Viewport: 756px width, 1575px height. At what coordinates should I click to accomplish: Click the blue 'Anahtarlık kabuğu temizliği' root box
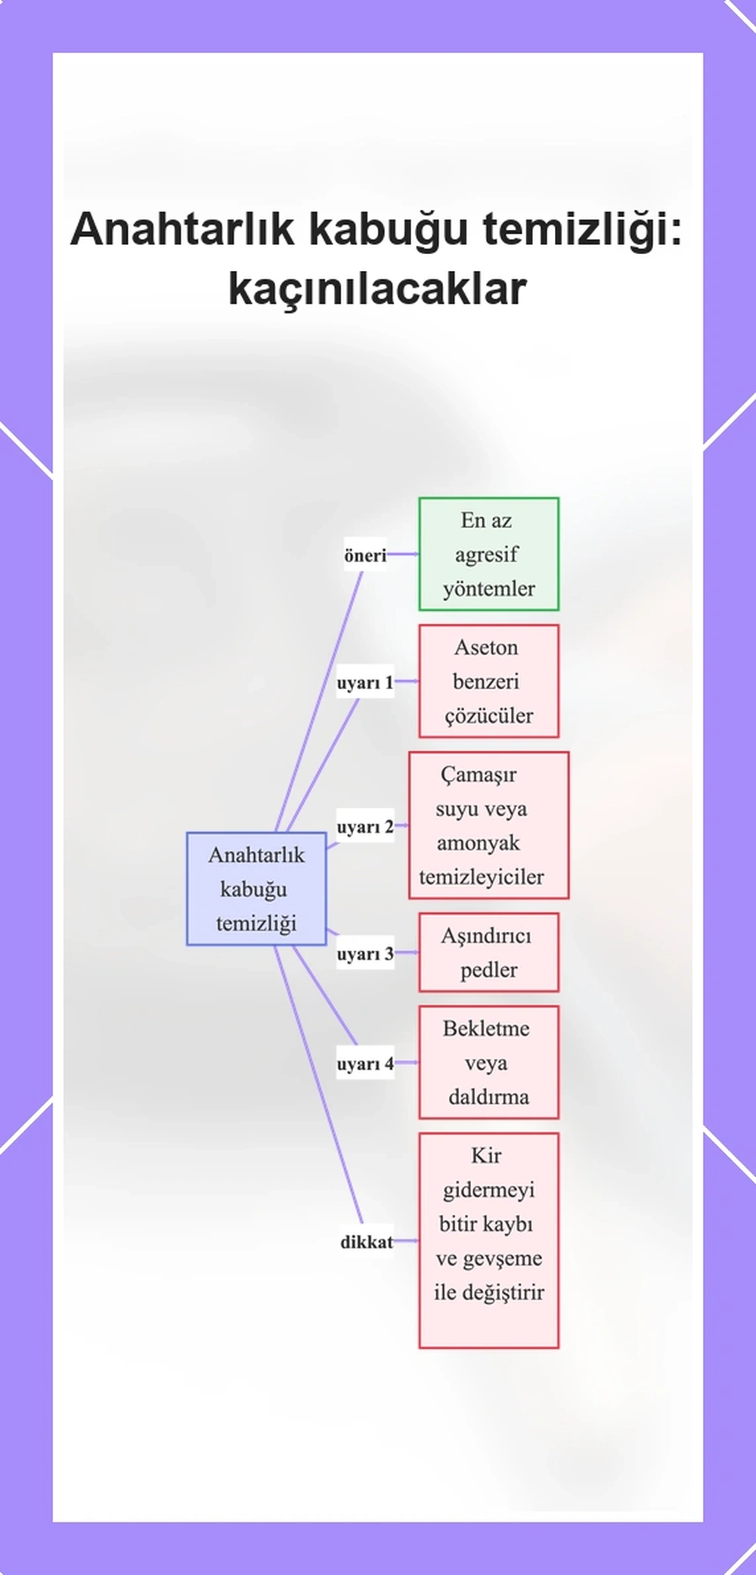click(x=256, y=889)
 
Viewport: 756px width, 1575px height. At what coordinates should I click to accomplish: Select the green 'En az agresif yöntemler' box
click(x=489, y=554)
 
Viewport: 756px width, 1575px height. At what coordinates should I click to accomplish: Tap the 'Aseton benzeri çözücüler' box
click(x=489, y=681)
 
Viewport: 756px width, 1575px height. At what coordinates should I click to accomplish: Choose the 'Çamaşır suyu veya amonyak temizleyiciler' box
click(x=489, y=825)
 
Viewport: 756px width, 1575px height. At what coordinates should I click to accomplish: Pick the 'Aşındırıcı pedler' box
click(x=489, y=952)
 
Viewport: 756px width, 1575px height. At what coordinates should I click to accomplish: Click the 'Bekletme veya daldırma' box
click(x=489, y=1062)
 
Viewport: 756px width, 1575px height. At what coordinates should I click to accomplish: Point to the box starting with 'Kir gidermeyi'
click(x=489, y=1241)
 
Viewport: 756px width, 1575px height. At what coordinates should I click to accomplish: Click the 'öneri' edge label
click(x=365, y=555)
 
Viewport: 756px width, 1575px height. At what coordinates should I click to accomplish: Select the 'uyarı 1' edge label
click(x=365, y=682)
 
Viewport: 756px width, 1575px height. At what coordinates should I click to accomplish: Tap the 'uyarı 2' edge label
click(x=365, y=827)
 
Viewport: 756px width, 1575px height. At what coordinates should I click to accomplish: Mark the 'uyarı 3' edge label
click(x=365, y=954)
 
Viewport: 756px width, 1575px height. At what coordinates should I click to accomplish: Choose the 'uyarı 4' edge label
click(x=365, y=1064)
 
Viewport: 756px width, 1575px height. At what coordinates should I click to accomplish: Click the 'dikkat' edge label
click(x=367, y=1242)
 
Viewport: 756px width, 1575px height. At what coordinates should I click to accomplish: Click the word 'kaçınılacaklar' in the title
click(x=377, y=289)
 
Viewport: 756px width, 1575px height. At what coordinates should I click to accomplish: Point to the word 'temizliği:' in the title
click(x=582, y=230)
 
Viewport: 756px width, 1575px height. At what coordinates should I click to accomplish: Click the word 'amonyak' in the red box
click(x=479, y=843)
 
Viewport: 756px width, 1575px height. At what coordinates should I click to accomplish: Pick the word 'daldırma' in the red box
click(x=488, y=1097)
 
